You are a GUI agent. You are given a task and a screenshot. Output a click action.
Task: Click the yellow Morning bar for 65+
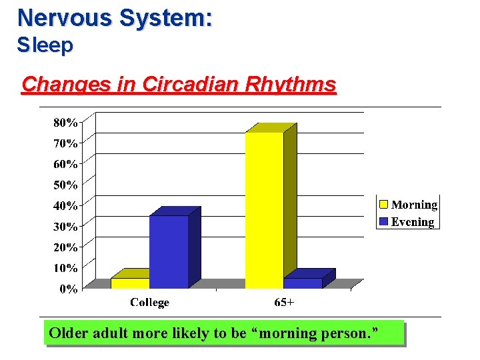click(x=264, y=210)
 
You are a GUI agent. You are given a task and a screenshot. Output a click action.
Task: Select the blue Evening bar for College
click(x=169, y=251)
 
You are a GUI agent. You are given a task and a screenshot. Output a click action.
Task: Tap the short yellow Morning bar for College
click(x=130, y=283)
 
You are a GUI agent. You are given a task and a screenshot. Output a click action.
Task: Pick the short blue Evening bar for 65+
click(x=303, y=283)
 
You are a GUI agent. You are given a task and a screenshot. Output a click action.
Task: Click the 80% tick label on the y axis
click(x=65, y=123)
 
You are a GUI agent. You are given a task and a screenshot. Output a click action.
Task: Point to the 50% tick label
click(x=65, y=185)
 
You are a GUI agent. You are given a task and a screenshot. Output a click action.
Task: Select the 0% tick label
click(x=67, y=289)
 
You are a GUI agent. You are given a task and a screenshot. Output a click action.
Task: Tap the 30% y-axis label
click(x=65, y=227)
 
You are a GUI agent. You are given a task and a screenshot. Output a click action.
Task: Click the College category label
click(x=149, y=303)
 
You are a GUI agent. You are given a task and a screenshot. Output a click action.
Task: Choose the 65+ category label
click(x=285, y=303)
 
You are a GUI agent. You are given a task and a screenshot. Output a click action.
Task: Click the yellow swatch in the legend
click(x=384, y=205)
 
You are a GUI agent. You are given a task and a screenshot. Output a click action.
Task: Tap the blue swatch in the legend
click(x=384, y=221)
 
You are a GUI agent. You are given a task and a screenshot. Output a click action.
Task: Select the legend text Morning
click(x=414, y=205)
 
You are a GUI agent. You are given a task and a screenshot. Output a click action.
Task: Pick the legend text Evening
click(x=413, y=222)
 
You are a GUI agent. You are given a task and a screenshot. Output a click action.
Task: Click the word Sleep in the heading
click(x=45, y=45)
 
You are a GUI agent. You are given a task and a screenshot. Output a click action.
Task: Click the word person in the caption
click(x=349, y=333)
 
